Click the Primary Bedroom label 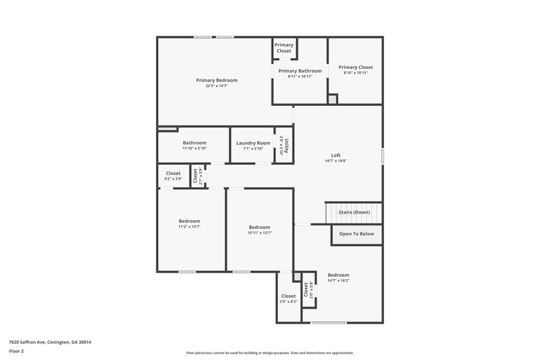click(x=217, y=80)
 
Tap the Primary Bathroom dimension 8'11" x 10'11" click(x=300, y=76)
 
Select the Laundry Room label click(x=253, y=143)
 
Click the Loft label click(x=335, y=155)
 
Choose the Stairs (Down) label click(x=354, y=212)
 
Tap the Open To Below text click(x=356, y=234)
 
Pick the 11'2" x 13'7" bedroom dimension click(x=189, y=227)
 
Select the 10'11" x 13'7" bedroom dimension click(x=259, y=233)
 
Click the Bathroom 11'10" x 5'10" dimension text click(x=194, y=148)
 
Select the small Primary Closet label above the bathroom click(x=284, y=48)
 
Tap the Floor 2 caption click(x=17, y=352)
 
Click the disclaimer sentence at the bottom click(x=270, y=353)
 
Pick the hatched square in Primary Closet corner click(x=332, y=99)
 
